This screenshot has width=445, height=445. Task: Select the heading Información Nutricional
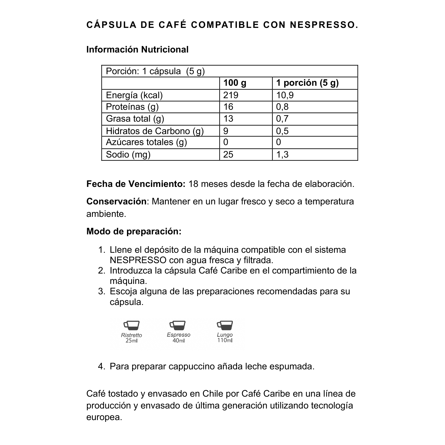[x=137, y=50]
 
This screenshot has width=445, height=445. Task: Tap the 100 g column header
[x=235, y=83]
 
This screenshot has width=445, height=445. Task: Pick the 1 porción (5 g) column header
[x=307, y=83]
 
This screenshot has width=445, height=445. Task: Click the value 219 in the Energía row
[x=231, y=95]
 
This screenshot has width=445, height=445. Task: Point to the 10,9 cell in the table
[x=285, y=95]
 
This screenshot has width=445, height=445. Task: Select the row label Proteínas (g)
[x=132, y=107]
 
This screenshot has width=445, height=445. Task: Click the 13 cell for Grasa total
[x=228, y=119]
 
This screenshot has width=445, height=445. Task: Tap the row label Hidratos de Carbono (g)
[x=155, y=131]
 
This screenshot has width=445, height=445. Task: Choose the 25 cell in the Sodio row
[x=228, y=154]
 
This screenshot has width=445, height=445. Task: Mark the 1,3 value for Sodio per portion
[x=282, y=154]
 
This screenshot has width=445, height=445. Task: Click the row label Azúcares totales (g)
[x=146, y=142]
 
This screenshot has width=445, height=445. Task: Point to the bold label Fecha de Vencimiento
[x=136, y=184]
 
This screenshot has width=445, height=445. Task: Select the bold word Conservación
[x=116, y=201]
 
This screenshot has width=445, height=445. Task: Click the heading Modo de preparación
[x=134, y=231]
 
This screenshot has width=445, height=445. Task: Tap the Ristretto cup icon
[x=131, y=325]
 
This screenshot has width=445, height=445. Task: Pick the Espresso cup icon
[x=177, y=325]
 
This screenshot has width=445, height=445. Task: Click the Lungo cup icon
[x=225, y=325]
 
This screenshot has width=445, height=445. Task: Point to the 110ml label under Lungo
[x=225, y=340]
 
